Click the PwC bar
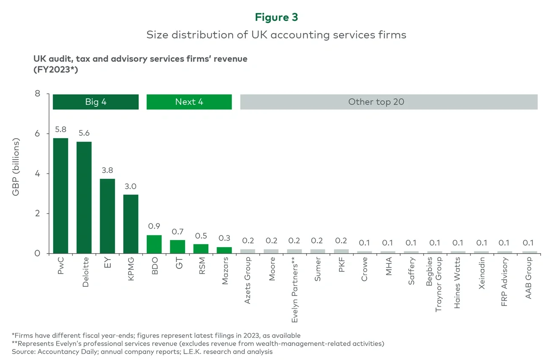(x=60, y=196)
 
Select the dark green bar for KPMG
(x=131, y=224)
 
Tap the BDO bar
(x=154, y=244)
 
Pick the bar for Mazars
(x=224, y=250)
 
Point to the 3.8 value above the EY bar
(x=107, y=170)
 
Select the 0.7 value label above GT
(x=177, y=231)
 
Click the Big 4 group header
(x=96, y=102)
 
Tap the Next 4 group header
(x=189, y=102)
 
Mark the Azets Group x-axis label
(x=248, y=283)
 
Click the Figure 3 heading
(x=276, y=17)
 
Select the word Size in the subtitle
(x=156, y=35)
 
